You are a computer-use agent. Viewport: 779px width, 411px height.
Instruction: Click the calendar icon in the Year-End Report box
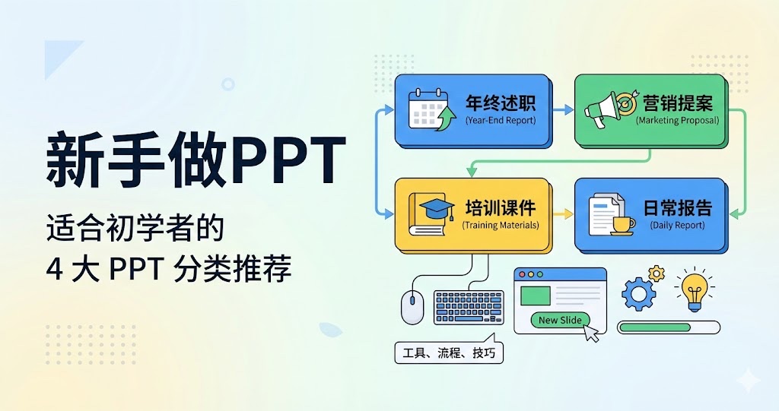[428, 109]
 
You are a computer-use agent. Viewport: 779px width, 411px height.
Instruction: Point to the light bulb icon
[693, 290]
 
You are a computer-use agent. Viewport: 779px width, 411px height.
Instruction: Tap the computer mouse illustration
[412, 307]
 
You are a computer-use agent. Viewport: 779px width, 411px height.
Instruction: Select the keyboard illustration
[468, 308]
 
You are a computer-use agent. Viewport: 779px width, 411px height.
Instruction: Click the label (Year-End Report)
[500, 120]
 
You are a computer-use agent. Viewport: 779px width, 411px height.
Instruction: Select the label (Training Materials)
[500, 225]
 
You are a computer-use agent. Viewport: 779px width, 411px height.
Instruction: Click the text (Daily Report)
[677, 225]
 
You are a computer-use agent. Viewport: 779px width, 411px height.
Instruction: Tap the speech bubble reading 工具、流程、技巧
[449, 353]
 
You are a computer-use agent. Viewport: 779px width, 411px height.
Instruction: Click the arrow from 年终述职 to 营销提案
[563, 110]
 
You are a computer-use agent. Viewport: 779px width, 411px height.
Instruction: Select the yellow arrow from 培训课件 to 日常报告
[563, 215]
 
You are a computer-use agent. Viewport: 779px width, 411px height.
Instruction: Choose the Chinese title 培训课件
[501, 207]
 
